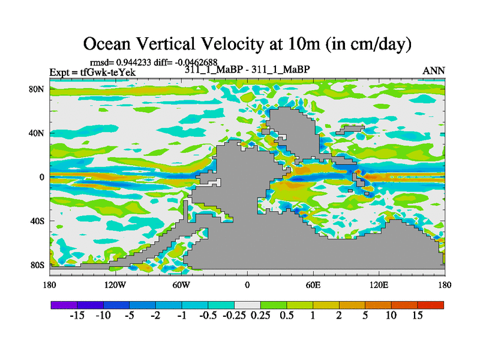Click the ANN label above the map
coord(434,71)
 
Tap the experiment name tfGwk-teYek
coord(108,72)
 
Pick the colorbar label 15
coord(418,316)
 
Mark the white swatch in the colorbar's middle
coord(247,305)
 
